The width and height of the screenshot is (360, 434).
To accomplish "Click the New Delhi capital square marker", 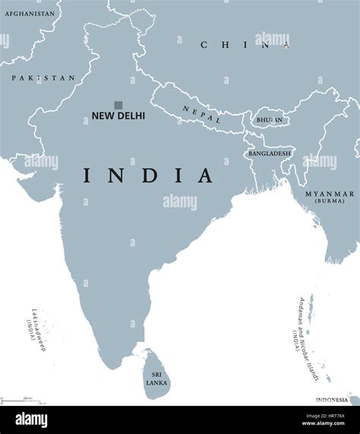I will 118,105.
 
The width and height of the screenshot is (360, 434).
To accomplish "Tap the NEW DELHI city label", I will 118,117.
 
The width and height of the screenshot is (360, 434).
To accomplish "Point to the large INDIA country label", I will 148,176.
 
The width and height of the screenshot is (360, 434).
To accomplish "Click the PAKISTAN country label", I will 43,78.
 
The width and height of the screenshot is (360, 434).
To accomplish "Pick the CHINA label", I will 245,45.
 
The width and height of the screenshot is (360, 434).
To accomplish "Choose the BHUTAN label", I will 270,120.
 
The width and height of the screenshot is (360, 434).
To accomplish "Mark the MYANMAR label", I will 329,195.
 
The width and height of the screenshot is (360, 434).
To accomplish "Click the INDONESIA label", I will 333,400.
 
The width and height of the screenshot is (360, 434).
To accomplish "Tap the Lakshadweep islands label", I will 33,327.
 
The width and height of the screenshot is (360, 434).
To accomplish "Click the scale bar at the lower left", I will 23,400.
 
